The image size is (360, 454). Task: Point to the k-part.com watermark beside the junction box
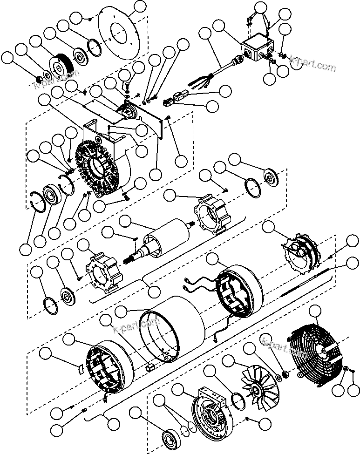coord(312,64)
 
